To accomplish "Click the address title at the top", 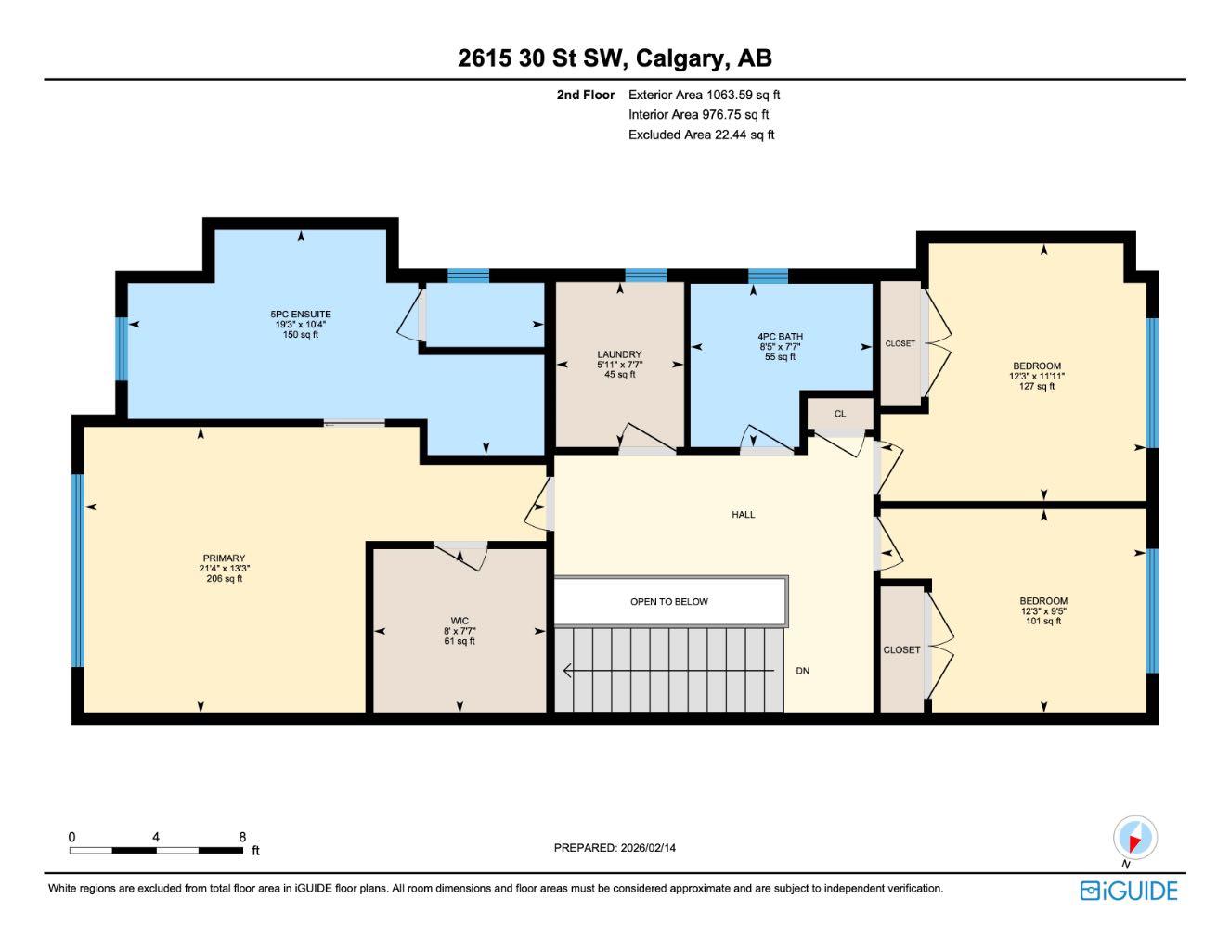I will (615, 58).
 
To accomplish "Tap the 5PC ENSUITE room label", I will (300, 315).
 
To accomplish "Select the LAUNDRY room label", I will (619, 354).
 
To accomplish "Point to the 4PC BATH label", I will (780, 337).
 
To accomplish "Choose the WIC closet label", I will (460, 622).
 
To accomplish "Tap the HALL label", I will (743, 514).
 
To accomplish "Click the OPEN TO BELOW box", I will (669, 601).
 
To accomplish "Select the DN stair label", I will (803, 671).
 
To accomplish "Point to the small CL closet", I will (840, 414).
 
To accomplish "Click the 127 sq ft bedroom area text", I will (1037, 387).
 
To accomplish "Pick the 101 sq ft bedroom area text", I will (1043, 622).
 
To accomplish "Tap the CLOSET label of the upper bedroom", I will (900, 344).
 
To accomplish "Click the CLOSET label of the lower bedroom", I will (901, 650).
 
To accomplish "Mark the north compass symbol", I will (1134, 839).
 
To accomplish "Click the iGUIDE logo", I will (1129, 891).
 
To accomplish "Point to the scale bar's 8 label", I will (242, 837).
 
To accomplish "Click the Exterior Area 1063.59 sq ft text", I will (704, 95).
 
